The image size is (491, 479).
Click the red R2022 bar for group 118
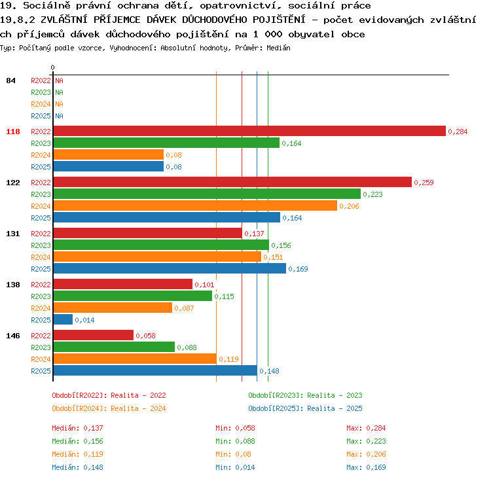(x=249, y=131)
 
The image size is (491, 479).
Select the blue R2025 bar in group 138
(x=63, y=319)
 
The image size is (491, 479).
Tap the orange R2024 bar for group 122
(x=195, y=205)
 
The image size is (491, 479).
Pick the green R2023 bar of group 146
(x=114, y=347)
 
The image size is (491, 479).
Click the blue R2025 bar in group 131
(x=170, y=268)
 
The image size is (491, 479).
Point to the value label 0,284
(x=458, y=132)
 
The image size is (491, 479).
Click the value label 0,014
(x=84, y=320)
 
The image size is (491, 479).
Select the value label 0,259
(x=424, y=183)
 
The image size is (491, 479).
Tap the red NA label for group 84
(x=59, y=80)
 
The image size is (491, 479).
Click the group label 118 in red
(x=13, y=132)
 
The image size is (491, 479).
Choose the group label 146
(x=13, y=336)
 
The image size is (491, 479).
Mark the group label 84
(x=10, y=80)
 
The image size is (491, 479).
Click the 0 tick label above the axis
(x=52, y=67)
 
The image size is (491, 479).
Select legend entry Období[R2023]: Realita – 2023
(x=305, y=395)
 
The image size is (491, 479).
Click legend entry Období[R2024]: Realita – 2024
(x=109, y=408)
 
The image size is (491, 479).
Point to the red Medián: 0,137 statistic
(x=77, y=428)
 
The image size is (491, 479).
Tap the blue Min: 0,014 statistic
(x=235, y=467)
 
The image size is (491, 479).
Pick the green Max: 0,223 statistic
(x=366, y=441)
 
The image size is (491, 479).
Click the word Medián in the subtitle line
(x=278, y=48)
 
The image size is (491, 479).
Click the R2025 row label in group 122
(x=41, y=218)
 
